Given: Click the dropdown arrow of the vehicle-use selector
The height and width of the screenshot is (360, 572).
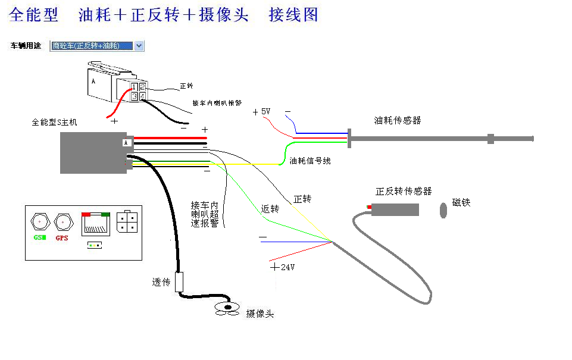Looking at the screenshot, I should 139,46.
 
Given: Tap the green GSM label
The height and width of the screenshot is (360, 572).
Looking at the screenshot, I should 40,238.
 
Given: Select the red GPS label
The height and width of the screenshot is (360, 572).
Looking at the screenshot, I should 62,238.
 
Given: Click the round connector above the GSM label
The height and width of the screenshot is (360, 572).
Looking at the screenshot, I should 40,222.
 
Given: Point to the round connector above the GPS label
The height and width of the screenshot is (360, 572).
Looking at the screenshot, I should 62,222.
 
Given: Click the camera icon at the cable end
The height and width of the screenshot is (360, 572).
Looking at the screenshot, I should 227,308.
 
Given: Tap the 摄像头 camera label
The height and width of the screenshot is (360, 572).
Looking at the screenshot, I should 260,313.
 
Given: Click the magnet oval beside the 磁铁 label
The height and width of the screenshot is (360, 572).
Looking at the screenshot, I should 443,210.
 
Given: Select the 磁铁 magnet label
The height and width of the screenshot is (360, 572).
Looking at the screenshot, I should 461,202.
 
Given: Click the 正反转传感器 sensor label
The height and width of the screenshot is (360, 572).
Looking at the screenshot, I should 404,191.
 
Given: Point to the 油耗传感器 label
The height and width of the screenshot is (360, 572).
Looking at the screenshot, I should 398,120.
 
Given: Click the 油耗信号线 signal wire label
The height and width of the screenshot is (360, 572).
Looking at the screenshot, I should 310,161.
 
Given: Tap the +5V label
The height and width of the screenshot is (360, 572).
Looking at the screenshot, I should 261,111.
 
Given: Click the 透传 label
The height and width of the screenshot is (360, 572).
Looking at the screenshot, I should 161,282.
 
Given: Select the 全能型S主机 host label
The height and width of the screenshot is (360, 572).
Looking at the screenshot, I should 54,123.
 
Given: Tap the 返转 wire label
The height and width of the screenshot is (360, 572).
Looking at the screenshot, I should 270,209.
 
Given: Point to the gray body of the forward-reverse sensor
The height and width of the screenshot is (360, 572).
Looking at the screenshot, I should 396,209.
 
